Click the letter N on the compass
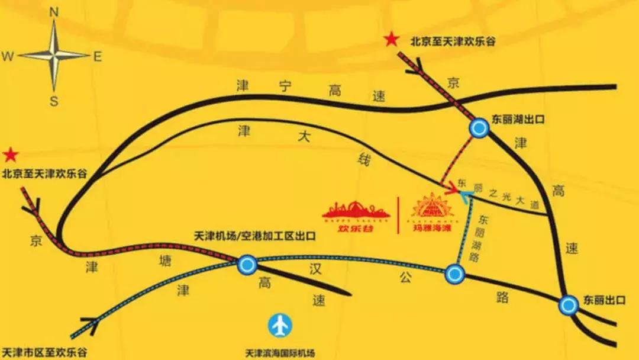pos(53,11)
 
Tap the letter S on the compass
pos(53,101)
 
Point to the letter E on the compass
pos(98,56)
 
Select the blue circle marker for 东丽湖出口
pos(478,128)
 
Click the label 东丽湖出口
pos(518,119)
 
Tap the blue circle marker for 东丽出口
pos(569,305)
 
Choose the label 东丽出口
pos(604,300)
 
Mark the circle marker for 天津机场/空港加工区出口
pos(247,264)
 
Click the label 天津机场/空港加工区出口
pos(255,236)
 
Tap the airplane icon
pos(280,325)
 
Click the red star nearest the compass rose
pos(10,156)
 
